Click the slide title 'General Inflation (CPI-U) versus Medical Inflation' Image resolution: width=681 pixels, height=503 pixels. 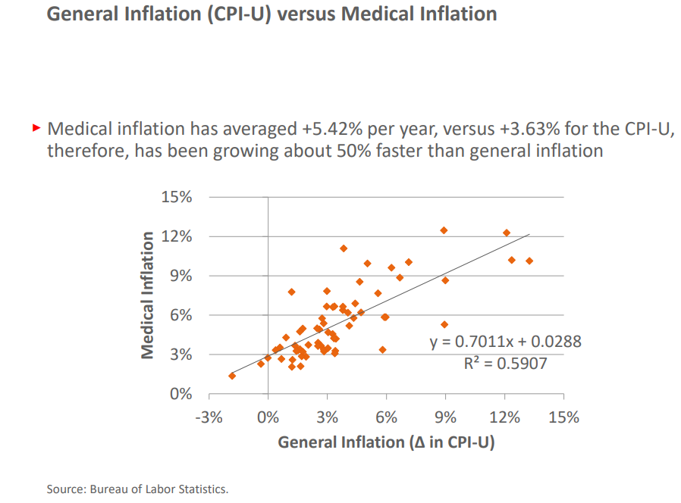(271, 14)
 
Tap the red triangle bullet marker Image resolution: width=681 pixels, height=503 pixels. (36, 128)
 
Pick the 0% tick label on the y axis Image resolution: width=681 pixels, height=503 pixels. (180, 394)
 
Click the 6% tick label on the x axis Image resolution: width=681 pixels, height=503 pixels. (386, 417)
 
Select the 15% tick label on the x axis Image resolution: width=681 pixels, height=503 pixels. (563, 417)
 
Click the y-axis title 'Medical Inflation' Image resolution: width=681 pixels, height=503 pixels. (148, 295)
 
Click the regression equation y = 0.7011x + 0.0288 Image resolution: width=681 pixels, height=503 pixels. (506, 342)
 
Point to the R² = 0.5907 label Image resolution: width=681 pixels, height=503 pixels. (505, 364)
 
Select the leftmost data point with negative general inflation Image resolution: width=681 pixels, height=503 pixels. (232, 376)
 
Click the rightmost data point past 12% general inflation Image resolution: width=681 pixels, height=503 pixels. (529, 261)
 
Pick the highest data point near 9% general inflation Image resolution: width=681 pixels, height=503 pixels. (444, 230)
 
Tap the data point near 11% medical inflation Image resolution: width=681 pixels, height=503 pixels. (344, 248)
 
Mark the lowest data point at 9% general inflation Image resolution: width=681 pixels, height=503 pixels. (444, 324)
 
